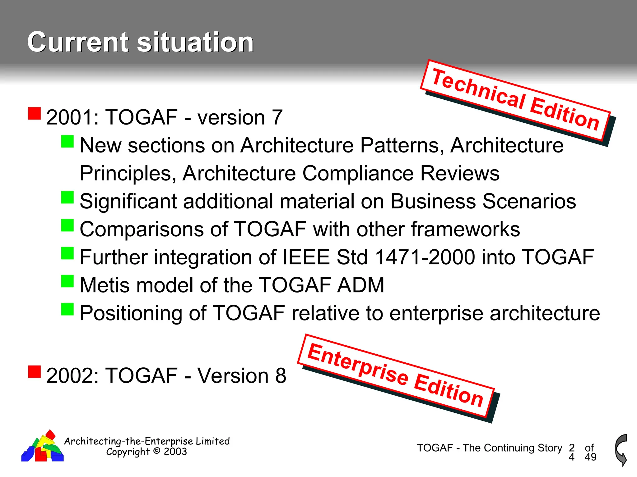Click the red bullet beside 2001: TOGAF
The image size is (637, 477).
(x=35, y=114)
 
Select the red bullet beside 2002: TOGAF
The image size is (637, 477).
(x=35, y=372)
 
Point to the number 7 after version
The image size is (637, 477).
(x=277, y=118)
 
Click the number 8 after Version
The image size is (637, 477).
(x=280, y=376)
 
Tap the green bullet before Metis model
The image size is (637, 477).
(x=67, y=281)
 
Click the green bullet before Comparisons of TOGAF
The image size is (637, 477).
(x=67, y=225)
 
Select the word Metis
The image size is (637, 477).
(x=105, y=285)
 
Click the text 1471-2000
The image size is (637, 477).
(x=425, y=257)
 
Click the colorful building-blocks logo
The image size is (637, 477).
(x=43, y=447)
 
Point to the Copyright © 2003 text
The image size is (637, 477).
(x=146, y=452)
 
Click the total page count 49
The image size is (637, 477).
(x=590, y=457)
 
